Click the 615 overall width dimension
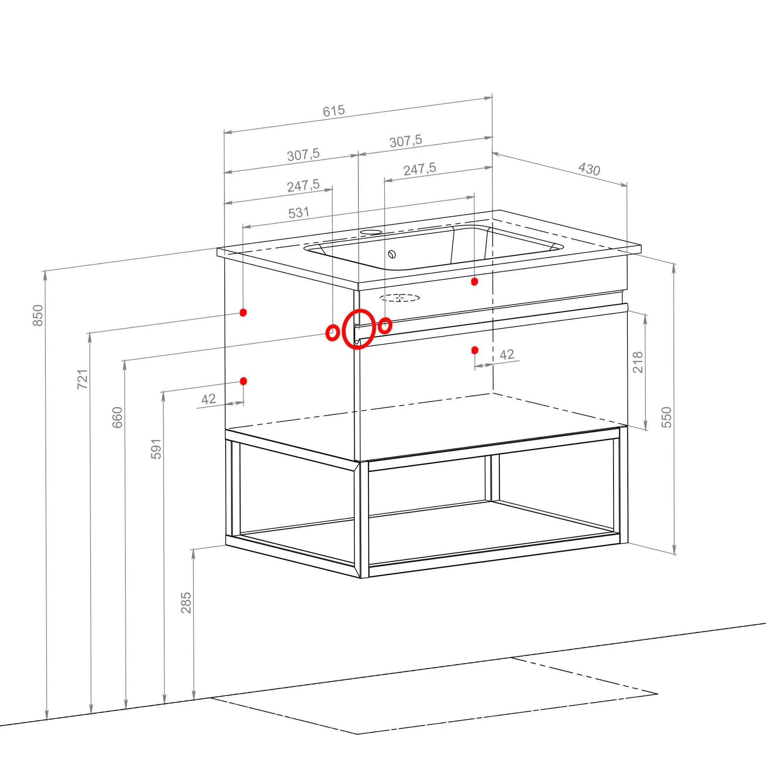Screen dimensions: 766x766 tap(334, 111)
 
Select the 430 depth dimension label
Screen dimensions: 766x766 tap(589, 169)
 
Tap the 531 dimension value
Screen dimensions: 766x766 tap(299, 213)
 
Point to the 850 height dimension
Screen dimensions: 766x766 tap(38, 315)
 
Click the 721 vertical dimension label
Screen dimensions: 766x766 tap(82, 379)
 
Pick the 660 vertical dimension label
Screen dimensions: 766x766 tap(117, 417)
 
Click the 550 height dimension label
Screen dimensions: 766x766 tap(667, 417)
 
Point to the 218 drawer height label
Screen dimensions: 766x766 tap(638, 362)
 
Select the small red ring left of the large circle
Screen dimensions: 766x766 tap(332, 333)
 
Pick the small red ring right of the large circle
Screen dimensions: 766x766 tap(385, 326)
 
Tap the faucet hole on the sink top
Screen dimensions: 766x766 tap(371, 232)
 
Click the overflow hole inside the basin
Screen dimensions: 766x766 tap(392, 254)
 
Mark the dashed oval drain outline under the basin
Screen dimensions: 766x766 tap(399, 297)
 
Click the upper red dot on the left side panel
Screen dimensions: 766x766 tap(244, 313)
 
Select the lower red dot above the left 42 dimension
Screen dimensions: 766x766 tap(244, 381)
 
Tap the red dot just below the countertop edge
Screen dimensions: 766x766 tap(474, 282)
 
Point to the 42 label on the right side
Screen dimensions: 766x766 tap(507, 354)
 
